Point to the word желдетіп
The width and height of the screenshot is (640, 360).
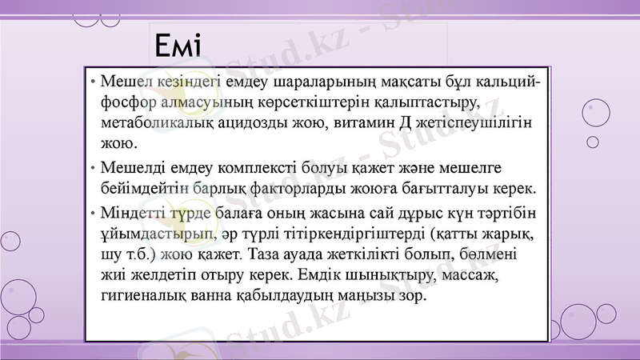[x=171, y=274]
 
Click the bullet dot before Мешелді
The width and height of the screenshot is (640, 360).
[x=94, y=169]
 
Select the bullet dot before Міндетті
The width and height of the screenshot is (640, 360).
[x=94, y=214]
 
